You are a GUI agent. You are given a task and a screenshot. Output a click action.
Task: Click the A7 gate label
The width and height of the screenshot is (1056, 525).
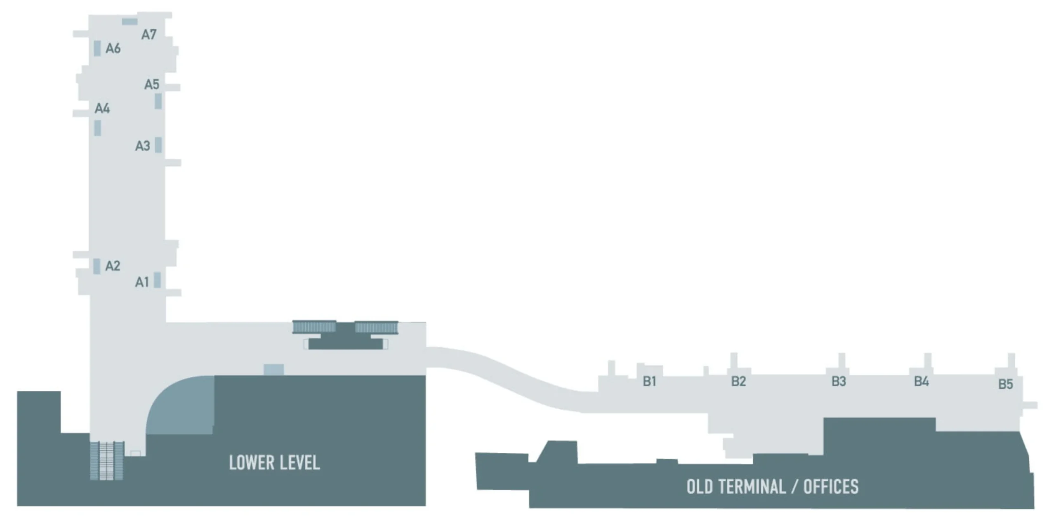click(149, 34)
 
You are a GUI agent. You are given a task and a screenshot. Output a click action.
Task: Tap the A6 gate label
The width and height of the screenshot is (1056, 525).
click(113, 48)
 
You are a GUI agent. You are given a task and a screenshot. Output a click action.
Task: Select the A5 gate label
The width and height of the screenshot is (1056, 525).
click(151, 84)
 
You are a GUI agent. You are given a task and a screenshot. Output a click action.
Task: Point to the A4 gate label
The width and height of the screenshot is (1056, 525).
click(102, 108)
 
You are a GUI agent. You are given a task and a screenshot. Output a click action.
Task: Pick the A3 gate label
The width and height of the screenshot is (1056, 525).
click(143, 145)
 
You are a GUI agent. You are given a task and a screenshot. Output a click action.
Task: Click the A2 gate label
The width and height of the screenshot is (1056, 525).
click(113, 266)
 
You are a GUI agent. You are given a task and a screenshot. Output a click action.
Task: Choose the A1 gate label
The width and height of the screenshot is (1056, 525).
click(142, 282)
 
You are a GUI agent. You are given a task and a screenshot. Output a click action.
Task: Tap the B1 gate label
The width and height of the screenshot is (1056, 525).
click(649, 381)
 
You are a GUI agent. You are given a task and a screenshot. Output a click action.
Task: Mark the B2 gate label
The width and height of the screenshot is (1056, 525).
click(738, 381)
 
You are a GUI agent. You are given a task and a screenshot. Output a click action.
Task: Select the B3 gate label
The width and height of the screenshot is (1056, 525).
click(839, 381)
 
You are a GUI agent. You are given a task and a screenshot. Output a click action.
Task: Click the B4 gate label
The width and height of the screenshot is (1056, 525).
click(922, 381)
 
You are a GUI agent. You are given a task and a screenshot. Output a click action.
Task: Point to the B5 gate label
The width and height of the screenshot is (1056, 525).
click(1006, 384)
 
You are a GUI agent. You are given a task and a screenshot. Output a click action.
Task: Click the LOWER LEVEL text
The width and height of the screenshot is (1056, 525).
click(274, 463)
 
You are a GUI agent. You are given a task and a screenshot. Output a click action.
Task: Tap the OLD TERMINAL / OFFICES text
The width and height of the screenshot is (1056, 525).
click(772, 487)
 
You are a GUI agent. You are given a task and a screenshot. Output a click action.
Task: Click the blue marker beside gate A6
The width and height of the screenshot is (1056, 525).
click(97, 48)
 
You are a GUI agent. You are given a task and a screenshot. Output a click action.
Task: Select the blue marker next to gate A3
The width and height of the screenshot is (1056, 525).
click(158, 145)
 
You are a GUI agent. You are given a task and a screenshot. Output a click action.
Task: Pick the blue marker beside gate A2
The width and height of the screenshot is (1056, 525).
click(97, 266)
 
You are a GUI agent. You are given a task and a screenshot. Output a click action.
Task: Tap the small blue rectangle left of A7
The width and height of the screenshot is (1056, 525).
click(130, 21)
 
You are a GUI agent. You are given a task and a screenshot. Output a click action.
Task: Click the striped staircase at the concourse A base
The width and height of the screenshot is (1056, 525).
click(107, 461)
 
